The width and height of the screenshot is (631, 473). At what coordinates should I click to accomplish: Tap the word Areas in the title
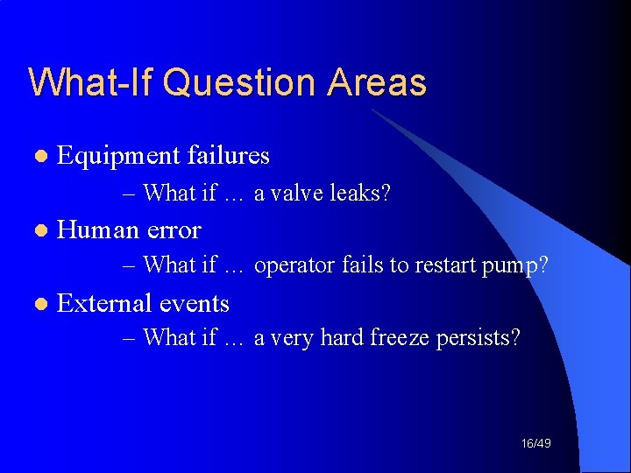tap(378, 83)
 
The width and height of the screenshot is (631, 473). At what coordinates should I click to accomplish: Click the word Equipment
tap(118, 157)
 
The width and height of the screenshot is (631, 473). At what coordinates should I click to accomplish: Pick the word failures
tap(228, 156)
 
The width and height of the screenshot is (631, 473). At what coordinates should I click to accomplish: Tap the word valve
tap(295, 193)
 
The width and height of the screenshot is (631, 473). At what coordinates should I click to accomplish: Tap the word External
tap(103, 304)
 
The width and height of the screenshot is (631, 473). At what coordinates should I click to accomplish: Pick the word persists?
tap(479, 338)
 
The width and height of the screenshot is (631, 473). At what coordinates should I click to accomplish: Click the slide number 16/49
tap(535, 444)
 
